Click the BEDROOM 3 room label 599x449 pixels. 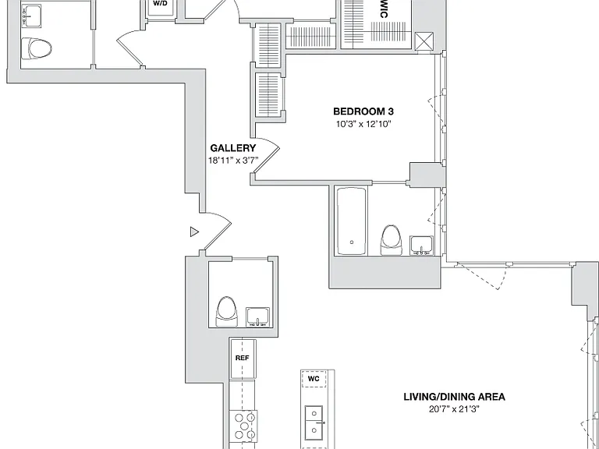363,111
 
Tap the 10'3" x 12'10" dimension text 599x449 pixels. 363,124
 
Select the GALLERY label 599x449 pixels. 232,148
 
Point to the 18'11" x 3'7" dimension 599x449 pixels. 232,161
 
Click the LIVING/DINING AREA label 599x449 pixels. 454,397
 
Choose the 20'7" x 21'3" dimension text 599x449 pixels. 454,409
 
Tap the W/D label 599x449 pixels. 160,3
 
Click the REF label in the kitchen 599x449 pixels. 243,358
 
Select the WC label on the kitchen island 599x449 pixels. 314,379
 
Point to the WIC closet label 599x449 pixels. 383,9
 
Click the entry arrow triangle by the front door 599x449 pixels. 194,232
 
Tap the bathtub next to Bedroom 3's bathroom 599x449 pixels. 352,221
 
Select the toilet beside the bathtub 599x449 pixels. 392,240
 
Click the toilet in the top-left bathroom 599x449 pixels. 37,48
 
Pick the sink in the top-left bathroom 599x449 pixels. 31,16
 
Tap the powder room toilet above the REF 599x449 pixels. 227,311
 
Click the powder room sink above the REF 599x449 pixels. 257,317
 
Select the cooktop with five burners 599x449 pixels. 243,426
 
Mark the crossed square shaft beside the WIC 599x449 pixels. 424,41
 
